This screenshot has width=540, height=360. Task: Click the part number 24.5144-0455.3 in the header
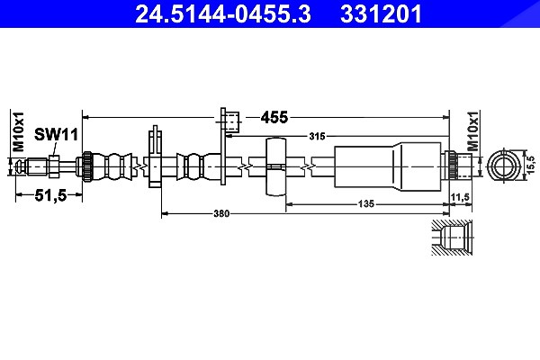click(223, 14)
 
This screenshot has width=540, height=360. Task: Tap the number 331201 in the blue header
click(381, 14)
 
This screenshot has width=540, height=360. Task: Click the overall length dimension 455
click(274, 118)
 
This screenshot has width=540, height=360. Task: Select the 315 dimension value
click(317, 137)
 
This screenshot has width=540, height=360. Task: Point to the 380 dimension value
click(221, 213)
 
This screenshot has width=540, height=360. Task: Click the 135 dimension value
click(365, 204)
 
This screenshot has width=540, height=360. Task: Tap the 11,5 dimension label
click(461, 197)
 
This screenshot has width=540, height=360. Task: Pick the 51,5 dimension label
click(50, 195)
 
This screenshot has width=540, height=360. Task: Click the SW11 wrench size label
click(57, 135)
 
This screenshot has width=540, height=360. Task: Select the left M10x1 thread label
click(19, 131)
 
